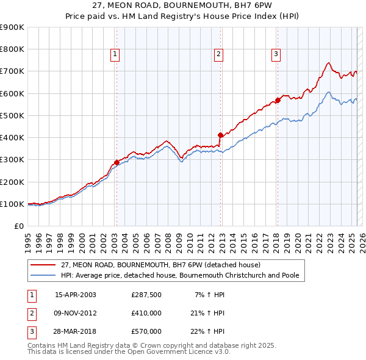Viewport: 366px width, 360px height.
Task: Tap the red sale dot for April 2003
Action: (117, 163)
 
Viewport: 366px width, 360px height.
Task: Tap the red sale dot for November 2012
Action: (220, 135)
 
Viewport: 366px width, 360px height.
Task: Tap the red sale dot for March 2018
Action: (278, 100)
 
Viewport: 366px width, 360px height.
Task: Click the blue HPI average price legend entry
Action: (179, 276)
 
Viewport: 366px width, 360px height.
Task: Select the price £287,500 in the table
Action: (146, 295)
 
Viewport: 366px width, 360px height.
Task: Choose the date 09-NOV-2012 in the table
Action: (76, 314)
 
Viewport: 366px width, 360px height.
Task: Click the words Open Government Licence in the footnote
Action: (174, 352)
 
